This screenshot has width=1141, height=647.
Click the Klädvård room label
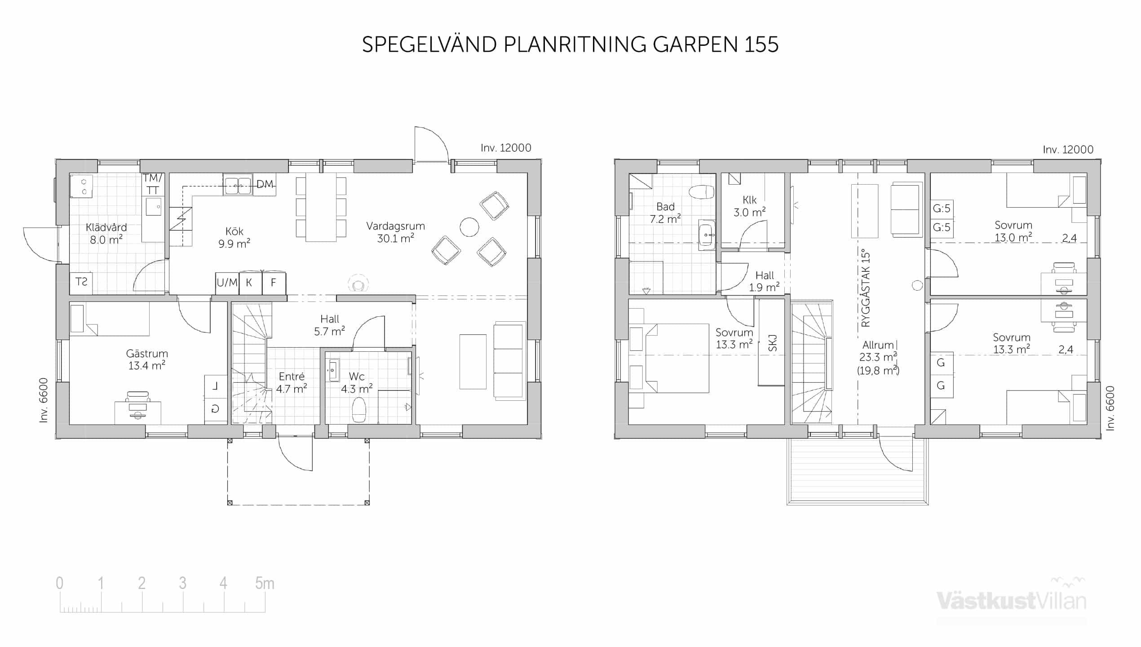(x=106, y=234)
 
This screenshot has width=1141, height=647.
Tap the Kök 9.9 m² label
(x=234, y=237)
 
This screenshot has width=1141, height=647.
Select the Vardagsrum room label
(x=395, y=232)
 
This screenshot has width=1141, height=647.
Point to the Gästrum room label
(x=147, y=360)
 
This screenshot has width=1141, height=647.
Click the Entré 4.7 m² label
(x=292, y=382)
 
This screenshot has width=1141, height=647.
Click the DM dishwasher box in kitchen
(x=265, y=184)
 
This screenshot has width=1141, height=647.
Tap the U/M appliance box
(x=227, y=283)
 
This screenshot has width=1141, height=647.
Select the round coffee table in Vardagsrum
(x=469, y=227)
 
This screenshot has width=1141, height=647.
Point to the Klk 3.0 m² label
(x=749, y=206)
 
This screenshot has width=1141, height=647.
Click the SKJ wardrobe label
(x=773, y=344)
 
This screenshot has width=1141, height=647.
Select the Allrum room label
(x=878, y=345)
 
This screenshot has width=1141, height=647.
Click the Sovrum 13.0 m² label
(x=1013, y=231)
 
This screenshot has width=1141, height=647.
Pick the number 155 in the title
(x=761, y=44)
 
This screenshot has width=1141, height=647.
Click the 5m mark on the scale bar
(x=265, y=583)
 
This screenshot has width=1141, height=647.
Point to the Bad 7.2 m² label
(x=665, y=213)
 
